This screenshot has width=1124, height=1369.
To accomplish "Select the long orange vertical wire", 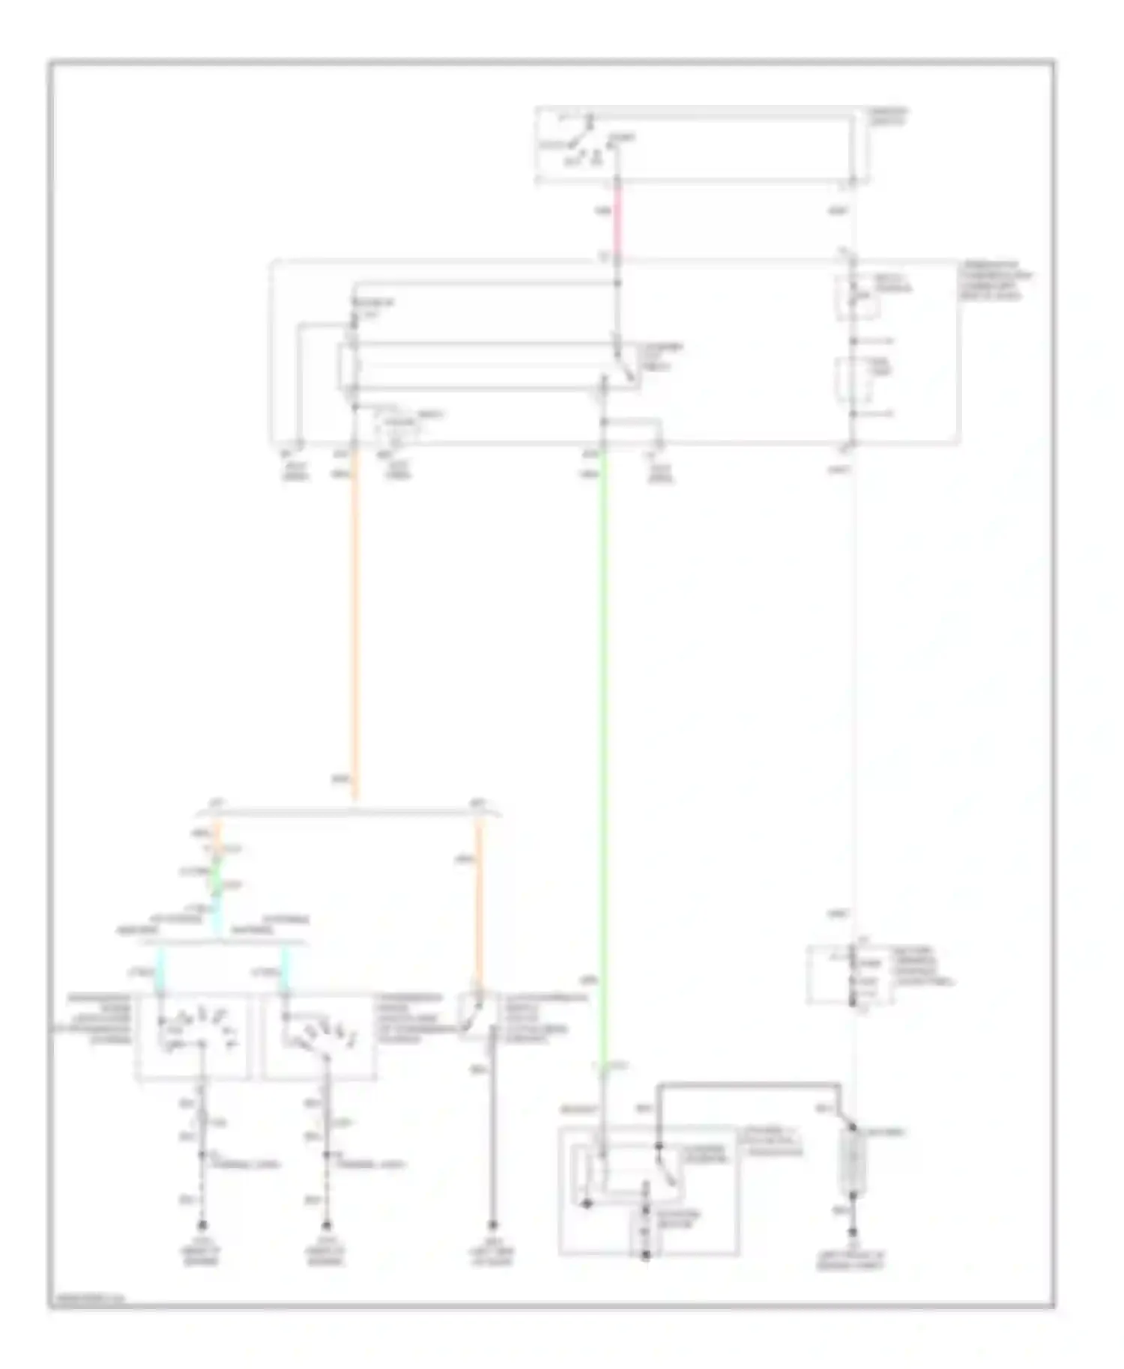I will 355,622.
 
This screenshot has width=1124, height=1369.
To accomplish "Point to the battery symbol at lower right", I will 853,1165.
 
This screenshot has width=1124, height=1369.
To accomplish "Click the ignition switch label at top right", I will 889,116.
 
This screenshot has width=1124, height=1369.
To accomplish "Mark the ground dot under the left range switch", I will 202,1226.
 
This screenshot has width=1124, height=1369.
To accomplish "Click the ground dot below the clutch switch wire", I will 493,1226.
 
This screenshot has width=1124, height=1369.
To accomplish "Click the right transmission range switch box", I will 318,1037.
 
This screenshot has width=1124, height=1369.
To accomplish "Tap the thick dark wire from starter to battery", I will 749,1084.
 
